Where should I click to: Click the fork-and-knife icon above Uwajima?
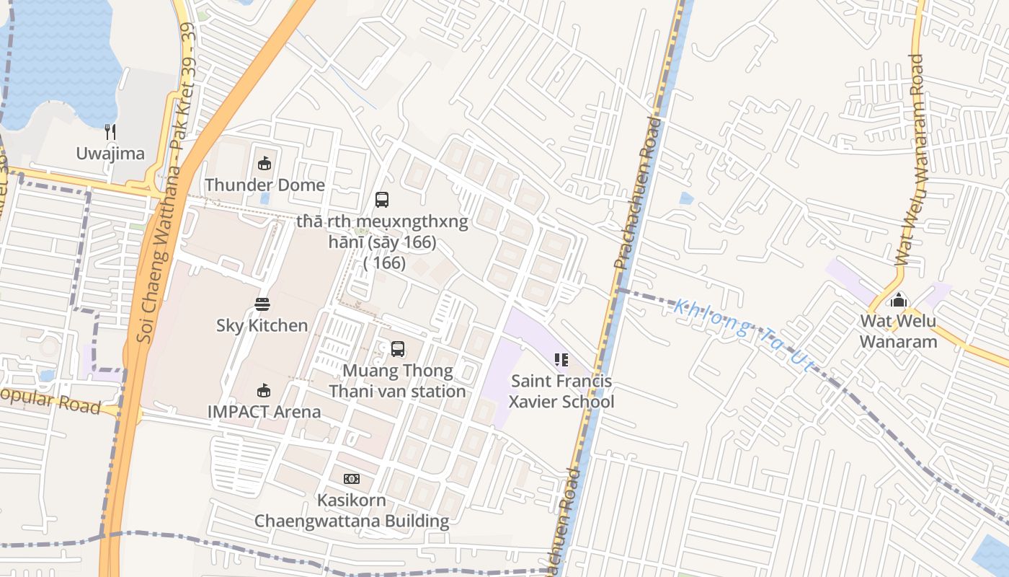(x=110, y=131)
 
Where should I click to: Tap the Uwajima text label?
(x=110, y=154)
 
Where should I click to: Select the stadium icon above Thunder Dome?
(x=265, y=164)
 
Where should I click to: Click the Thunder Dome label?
(x=265, y=185)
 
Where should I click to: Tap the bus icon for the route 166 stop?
(x=382, y=200)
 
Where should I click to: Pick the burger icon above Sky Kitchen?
(x=262, y=304)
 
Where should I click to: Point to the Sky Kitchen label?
(x=262, y=325)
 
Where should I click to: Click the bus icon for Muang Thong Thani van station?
(x=398, y=349)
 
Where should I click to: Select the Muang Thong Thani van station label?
(x=398, y=382)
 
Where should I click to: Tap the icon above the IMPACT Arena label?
(x=264, y=391)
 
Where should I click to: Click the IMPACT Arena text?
(x=264, y=412)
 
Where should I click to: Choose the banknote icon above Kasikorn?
(x=352, y=479)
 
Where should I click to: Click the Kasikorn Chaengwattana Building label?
(x=352, y=511)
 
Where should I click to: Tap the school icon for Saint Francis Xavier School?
(x=561, y=359)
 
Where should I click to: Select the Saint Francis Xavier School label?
(x=561, y=392)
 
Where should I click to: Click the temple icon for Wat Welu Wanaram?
(x=899, y=299)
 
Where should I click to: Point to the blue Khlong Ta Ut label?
(x=742, y=336)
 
